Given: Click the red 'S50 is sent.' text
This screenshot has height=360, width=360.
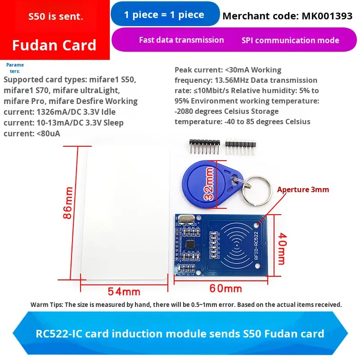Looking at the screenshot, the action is tap(55, 18).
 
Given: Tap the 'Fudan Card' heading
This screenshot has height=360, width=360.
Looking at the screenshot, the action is tap(54, 45).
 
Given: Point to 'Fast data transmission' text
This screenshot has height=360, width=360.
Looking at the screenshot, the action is tap(181, 40).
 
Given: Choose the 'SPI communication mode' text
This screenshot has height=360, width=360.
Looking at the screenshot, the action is tap(290, 40).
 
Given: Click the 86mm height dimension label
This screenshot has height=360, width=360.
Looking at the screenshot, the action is tap(67, 202).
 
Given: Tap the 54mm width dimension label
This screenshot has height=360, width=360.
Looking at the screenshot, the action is tap(121, 291).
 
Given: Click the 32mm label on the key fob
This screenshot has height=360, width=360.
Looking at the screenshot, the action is tap(209, 184).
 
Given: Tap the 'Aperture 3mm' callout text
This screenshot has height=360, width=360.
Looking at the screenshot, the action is tap(303, 189).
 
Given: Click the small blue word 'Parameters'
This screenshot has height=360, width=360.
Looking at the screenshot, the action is tap(15, 68).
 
